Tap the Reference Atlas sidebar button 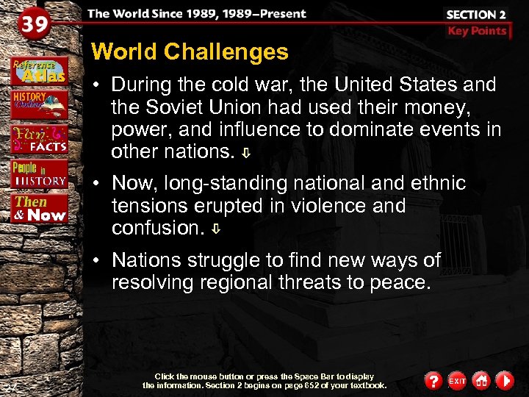point(40,69)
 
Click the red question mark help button point(433,381)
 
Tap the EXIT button point(457,381)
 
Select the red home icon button point(481,381)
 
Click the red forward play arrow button point(505,381)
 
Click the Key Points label point(477,31)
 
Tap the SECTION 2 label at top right point(475,15)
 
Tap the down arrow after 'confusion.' point(216,229)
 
